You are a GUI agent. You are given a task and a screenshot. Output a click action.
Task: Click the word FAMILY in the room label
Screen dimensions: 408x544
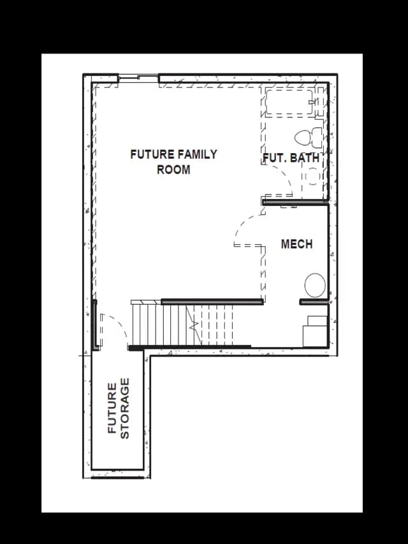198,154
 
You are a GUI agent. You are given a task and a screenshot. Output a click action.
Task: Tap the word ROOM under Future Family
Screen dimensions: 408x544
173,170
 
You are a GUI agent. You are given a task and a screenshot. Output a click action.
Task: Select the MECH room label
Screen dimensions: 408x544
296,244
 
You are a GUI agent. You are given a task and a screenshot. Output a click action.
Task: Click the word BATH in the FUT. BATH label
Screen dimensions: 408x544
305,158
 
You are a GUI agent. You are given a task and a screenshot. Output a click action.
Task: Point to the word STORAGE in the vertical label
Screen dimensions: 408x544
124,408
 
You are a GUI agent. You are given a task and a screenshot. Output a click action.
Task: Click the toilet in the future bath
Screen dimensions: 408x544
308,137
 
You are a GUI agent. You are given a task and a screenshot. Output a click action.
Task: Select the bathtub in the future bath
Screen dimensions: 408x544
289,102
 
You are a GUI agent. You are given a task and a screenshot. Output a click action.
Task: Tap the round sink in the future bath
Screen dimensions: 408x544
312,176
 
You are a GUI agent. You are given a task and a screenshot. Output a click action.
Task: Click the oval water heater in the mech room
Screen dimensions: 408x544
315,285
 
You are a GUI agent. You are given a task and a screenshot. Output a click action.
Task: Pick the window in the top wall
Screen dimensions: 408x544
138,77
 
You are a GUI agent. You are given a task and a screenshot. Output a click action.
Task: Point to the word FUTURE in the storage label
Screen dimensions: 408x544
112,408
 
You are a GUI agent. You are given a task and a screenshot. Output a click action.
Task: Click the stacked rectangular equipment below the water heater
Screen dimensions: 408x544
315,331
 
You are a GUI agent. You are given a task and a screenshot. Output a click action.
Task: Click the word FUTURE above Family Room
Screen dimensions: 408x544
152,154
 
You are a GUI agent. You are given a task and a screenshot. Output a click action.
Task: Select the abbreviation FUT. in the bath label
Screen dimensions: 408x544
275,158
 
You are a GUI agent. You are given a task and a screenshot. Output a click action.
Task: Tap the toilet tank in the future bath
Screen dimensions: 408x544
317,137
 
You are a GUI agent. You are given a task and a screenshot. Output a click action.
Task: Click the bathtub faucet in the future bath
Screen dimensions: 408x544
312,101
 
